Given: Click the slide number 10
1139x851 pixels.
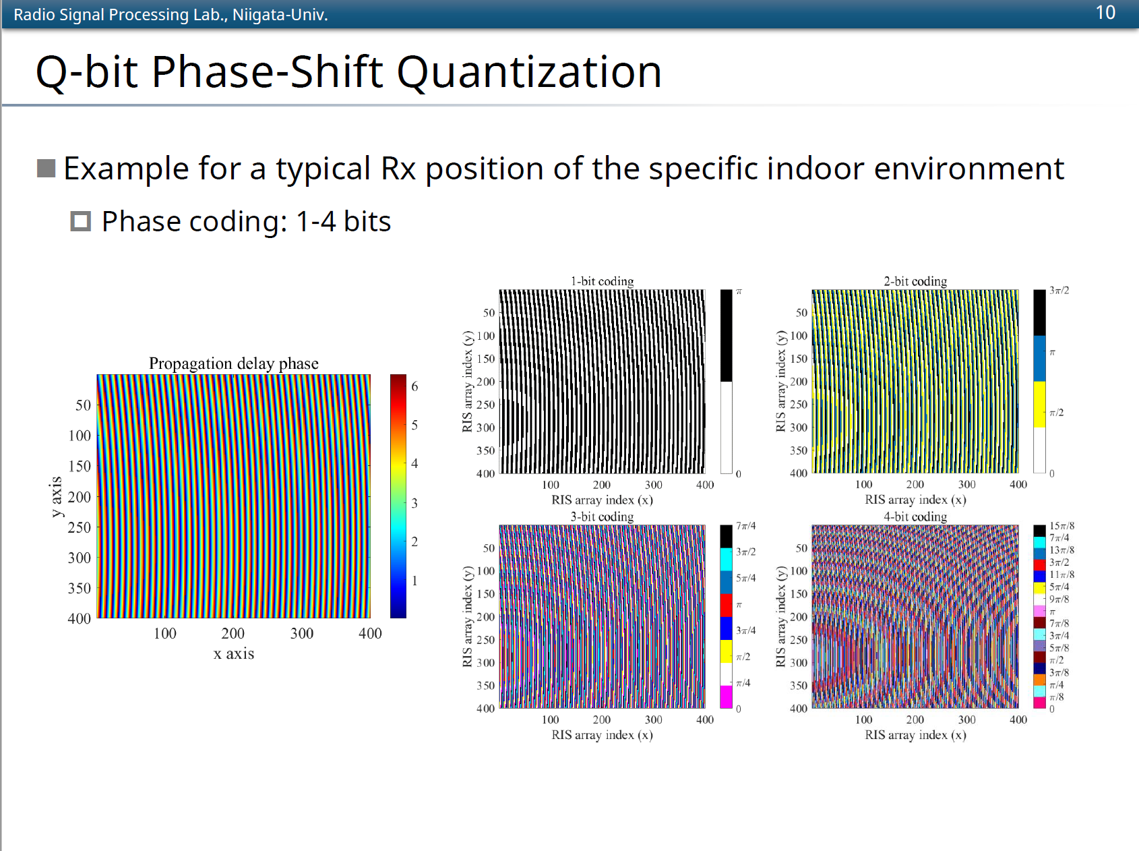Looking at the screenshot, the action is pyautogui.click(x=1105, y=13).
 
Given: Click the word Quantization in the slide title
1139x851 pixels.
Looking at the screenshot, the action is pyautogui.click(x=529, y=72).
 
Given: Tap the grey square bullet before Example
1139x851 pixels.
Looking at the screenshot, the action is pyautogui.click(x=46, y=168).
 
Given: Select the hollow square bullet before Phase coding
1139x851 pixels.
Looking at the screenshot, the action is pyautogui.click(x=80, y=221).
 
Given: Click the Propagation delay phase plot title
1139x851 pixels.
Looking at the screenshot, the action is pyautogui.click(x=233, y=363).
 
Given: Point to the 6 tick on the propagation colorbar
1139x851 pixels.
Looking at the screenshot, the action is pyautogui.click(x=414, y=386).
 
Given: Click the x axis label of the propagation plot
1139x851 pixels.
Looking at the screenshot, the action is pyautogui.click(x=233, y=653).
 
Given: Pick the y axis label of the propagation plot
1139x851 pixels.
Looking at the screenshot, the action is pyautogui.click(x=56, y=497).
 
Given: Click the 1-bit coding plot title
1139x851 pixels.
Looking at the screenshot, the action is pyautogui.click(x=602, y=281).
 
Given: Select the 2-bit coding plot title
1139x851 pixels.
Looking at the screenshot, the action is pyautogui.click(x=915, y=281).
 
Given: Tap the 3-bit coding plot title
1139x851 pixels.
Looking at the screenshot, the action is pyautogui.click(x=602, y=517).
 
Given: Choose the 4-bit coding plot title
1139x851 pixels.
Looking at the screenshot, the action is pyautogui.click(x=915, y=517).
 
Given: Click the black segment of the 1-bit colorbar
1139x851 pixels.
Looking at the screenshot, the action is pyautogui.click(x=726, y=336).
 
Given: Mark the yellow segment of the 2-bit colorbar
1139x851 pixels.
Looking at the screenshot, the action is pyautogui.click(x=1039, y=405).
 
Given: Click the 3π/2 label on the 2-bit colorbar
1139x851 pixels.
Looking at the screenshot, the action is pyautogui.click(x=1059, y=290).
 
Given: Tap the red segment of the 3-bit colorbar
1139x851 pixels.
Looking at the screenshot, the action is pyautogui.click(x=726, y=606).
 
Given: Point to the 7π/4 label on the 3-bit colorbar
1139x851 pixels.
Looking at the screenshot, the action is pyautogui.click(x=745, y=525).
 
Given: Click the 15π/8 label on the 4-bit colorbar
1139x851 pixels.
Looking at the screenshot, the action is pyautogui.click(x=1061, y=526).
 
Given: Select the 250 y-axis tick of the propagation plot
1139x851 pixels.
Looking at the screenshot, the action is pyautogui.click(x=79, y=527).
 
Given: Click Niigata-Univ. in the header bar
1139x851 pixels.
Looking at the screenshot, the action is pyautogui.click(x=280, y=14).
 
